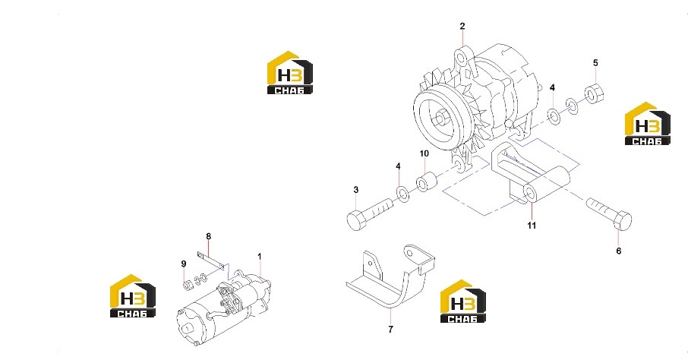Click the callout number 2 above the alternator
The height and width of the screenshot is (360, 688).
[x=462, y=27]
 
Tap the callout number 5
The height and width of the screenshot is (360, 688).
[x=595, y=63]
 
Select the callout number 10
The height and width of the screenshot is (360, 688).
[x=424, y=153]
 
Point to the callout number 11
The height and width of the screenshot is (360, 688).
[x=532, y=226]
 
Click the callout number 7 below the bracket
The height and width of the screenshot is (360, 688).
[x=391, y=330]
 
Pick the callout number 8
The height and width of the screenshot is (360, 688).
[x=208, y=236]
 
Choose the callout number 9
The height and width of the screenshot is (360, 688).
[x=184, y=264]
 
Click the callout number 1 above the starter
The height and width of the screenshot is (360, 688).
[x=259, y=257]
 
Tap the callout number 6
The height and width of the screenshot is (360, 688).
[x=619, y=251]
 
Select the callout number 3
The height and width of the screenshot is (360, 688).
[x=356, y=190]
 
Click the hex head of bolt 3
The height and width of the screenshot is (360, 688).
[x=357, y=219]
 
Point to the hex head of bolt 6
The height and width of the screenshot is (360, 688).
[x=622, y=220]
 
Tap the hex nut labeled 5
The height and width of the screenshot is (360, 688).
[x=594, y=93]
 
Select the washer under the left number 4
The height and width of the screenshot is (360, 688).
[x=402, y=194]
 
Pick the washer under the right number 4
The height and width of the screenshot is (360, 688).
[x=554, y=116]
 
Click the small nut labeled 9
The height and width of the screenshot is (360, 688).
[x=188, y=285]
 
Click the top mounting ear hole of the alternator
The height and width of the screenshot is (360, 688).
[x=460, y=57]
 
